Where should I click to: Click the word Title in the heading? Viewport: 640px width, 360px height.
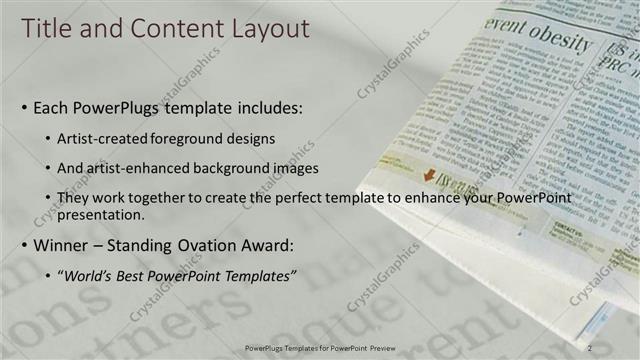(47, 29)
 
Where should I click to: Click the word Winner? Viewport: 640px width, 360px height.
(65, 245)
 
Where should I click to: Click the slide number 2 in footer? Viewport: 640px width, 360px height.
(591, 347)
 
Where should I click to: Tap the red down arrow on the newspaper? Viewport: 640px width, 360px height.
(429, 175)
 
